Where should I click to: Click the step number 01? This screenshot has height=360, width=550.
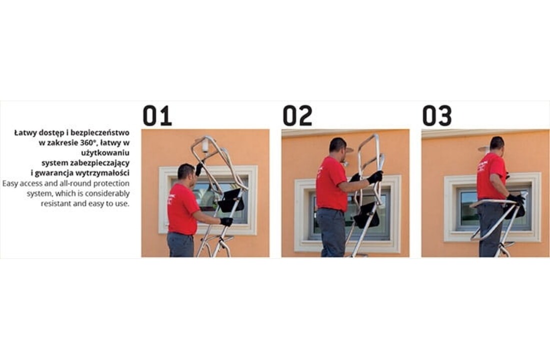(157, 115)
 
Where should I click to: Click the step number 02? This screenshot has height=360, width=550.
(297, 115)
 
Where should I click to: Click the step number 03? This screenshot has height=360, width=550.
(437, 115)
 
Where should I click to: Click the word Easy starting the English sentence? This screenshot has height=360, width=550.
(11, 183)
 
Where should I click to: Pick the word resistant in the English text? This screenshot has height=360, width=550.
(56, 204)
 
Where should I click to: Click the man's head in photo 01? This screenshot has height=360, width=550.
(186, 172)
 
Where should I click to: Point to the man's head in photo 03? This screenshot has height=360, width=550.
(496, 143)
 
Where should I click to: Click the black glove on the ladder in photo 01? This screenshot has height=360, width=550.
(226, 221)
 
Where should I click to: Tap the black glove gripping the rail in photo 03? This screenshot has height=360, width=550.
(515, 199)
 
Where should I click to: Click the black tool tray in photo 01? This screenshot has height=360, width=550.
(231, 200)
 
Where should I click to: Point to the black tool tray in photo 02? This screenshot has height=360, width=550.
(367, 215)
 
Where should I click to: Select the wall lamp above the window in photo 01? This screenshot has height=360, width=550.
(204, 145)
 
